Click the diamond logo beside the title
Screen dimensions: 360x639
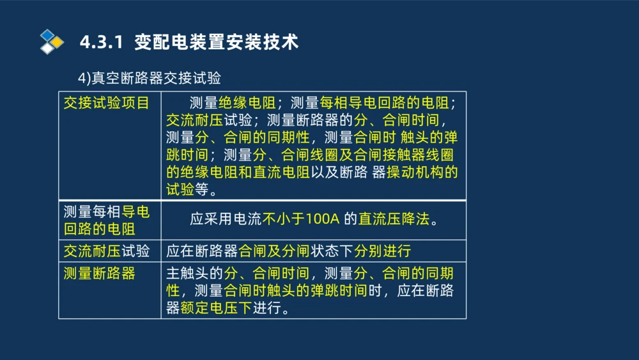(51, 42)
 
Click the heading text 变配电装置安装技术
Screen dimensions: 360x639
(217, 43)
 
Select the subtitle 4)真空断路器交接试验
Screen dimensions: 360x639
(150, 78)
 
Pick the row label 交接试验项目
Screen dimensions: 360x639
(106, 103)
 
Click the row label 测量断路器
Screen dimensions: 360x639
(99, 274)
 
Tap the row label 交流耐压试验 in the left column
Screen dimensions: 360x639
(106, 251)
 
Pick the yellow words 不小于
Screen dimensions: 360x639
(283, 219)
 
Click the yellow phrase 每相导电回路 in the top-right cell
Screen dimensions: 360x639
(362, 103)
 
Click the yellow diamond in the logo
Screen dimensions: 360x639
(58, 42)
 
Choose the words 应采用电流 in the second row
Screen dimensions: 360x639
(226, 219)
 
